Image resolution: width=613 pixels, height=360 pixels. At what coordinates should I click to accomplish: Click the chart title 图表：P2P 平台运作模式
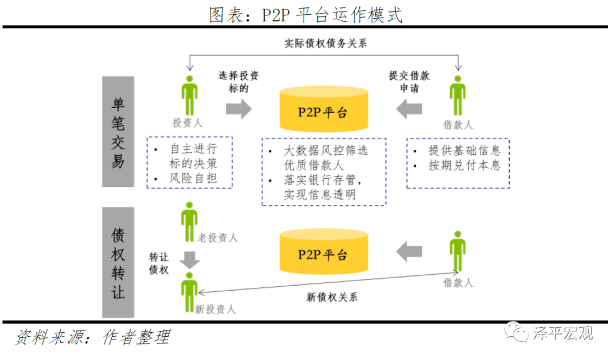[306, 15]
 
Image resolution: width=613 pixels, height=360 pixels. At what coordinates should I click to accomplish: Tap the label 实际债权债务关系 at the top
[325, 43]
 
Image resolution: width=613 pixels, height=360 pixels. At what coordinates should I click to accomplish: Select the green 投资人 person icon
[190, 95]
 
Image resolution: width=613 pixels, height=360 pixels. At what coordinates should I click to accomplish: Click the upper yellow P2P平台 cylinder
[324, 109]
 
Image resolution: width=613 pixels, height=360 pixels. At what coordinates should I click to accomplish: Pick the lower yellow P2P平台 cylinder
[324, 252]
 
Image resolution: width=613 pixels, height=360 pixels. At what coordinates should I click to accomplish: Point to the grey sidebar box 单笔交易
[118, 132]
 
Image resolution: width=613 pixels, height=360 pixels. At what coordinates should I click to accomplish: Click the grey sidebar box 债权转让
[118, 262]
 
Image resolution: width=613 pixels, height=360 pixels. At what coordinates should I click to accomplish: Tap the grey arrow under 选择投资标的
[239, 109]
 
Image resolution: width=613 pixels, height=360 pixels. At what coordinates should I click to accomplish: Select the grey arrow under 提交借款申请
[409, 109]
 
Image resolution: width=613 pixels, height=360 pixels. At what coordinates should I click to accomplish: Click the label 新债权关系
[331, 297]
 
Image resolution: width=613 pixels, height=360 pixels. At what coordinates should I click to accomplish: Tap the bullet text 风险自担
[193, 178]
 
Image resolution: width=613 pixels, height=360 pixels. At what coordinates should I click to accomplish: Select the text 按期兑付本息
[464, 165]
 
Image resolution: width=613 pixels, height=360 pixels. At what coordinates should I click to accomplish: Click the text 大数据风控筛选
[326, 150]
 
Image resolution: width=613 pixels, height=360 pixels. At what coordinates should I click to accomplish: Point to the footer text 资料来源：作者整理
[93, 337]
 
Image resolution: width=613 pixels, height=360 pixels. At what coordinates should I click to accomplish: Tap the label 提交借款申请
[409, 81]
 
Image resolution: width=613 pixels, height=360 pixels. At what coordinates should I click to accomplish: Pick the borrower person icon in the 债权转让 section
[458, 251]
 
